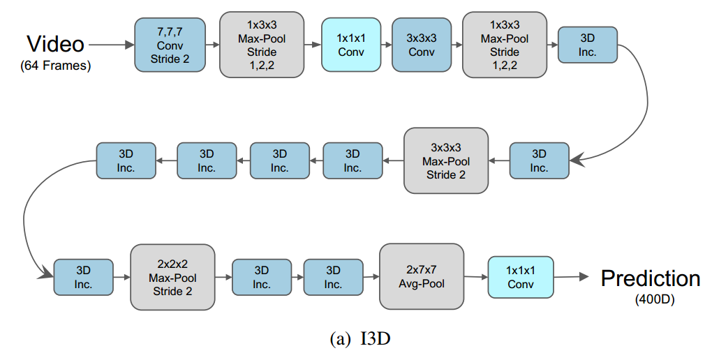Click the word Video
coord(56,45)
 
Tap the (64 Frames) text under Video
coord(56,67)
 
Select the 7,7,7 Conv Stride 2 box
coord(170,45)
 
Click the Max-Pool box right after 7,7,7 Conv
coord(262,45)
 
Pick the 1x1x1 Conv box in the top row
coord(351,45)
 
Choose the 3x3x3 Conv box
coord(422,45)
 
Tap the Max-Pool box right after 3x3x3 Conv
coord(505,45)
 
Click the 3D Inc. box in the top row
coord(588,45)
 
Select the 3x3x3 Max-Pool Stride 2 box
coord(446,160)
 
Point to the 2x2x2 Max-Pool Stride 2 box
coord(173,277)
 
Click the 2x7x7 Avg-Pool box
coord(422,277)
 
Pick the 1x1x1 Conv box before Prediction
coord(520,277)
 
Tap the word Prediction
coord(651,278)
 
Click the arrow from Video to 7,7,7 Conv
coord(112,45)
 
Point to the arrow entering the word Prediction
coord(572,278)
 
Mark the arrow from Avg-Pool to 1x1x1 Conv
coord(475,277)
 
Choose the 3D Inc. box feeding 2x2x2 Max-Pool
coord(84,277)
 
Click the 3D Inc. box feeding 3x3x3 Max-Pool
coord(539,160)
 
